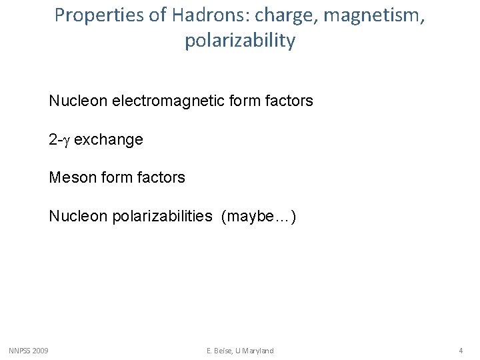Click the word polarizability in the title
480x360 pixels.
click(240, 41)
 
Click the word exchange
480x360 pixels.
click(109, 140)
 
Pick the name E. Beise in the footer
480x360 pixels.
click(219, 351)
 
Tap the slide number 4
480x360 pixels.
click(460, 351)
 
